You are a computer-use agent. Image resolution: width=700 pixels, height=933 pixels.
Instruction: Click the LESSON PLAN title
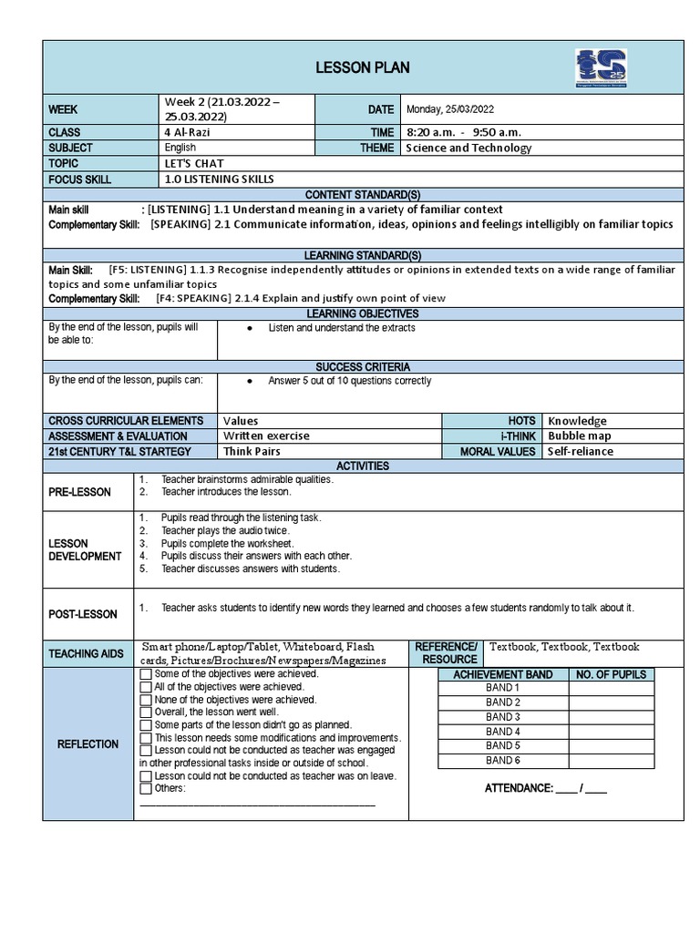(362, 67)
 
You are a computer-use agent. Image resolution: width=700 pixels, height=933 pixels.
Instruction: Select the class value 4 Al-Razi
(186, 132)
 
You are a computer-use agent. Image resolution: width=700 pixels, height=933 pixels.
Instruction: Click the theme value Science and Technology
(468, 148)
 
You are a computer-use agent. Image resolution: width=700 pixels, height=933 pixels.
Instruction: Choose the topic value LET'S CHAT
(194, 163)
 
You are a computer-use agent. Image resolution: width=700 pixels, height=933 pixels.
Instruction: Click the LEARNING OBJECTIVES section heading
(363, 313)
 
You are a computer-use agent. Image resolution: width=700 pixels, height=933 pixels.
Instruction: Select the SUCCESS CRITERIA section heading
(363, 366)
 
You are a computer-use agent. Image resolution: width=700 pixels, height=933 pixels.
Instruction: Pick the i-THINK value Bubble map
(579, 436)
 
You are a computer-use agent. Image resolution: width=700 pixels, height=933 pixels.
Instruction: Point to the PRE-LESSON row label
(79, 492)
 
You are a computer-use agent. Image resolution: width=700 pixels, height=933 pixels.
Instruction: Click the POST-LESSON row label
(83, 614)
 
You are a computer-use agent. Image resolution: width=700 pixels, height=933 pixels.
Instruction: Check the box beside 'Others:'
(146, 788)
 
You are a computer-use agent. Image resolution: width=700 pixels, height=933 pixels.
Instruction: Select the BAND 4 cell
(502, 731)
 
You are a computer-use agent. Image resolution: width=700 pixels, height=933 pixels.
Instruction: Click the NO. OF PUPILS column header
(610, 674)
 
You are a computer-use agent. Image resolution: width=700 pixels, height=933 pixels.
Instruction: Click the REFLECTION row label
(87, 743)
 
